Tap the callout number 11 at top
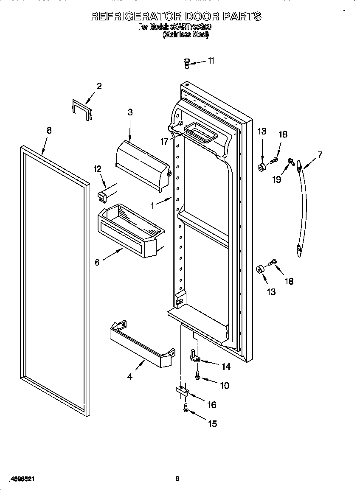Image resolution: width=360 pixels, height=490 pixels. click(x=211, y=61)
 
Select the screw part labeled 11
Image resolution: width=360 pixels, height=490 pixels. click(x=186, y=64)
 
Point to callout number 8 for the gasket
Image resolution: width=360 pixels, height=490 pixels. click(x=49, y=131)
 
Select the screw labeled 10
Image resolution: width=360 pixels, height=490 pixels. click(x=198, y=375)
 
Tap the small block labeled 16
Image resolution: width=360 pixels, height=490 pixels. click(x=181, y=391)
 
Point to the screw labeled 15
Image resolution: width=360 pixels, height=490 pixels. click(x=185, y=408)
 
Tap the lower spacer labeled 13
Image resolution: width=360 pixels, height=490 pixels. click(x=259, y=269)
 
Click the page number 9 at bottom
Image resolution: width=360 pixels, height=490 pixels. click(x=177, y=479)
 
